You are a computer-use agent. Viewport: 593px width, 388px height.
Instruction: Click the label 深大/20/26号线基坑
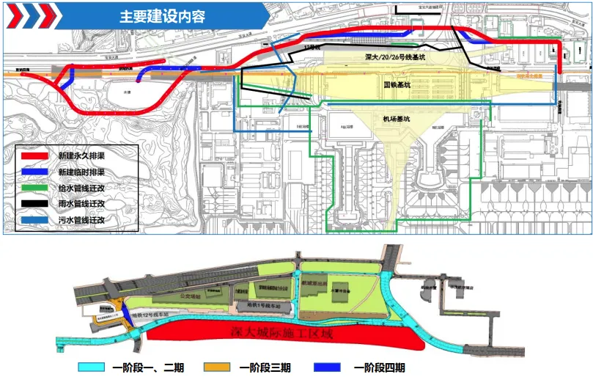coord(394,57)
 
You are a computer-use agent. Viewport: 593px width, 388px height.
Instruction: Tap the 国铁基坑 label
coord(397,85)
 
